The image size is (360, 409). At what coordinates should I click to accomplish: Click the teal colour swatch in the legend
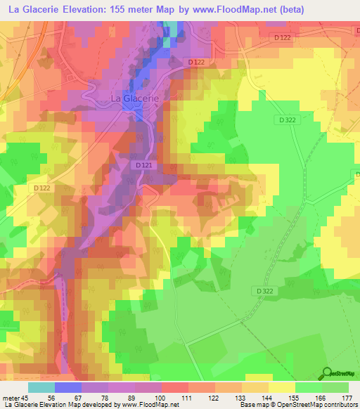coord(41,387)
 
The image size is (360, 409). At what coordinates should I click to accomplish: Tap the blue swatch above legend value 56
coord(68,387)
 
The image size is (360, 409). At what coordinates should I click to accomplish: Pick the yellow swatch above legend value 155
coord(282,387)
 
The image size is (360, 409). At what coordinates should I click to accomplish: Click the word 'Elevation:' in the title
coord(93,10)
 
